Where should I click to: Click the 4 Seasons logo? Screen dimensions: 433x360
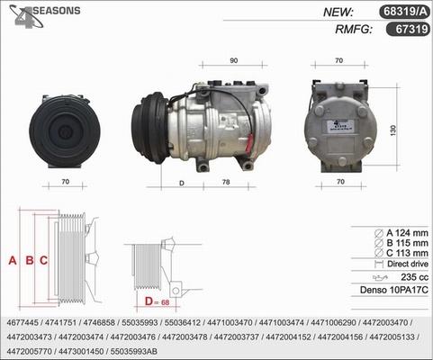(44, 16)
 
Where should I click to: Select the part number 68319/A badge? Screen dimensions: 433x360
(405, 12)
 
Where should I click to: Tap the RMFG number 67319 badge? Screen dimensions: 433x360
(408, 29)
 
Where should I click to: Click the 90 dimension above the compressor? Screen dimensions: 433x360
(233, 60)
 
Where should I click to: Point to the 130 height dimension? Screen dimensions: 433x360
(393, 130)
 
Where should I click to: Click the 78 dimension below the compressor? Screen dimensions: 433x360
(226, 182)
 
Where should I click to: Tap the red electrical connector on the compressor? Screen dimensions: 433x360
(249, 144)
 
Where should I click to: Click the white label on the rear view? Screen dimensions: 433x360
(340, 126)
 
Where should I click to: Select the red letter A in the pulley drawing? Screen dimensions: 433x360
(13, 260)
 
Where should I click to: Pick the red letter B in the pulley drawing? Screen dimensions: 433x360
(30, 260)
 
